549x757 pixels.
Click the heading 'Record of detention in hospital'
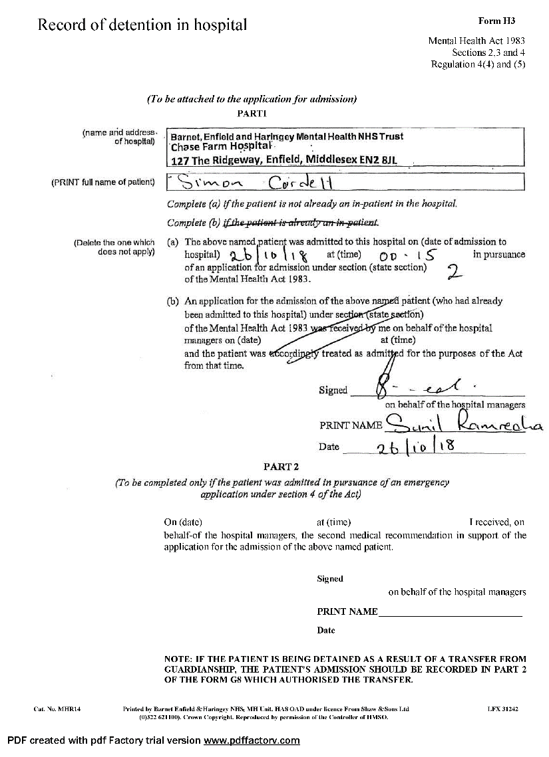[142, 25]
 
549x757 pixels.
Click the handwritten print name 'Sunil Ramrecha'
[465, 422]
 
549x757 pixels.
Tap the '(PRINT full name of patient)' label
[103, 182]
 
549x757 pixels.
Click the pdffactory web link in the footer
[252, 740]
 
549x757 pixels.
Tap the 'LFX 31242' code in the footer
[502, 709]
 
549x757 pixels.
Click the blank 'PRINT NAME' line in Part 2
[450, 611]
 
